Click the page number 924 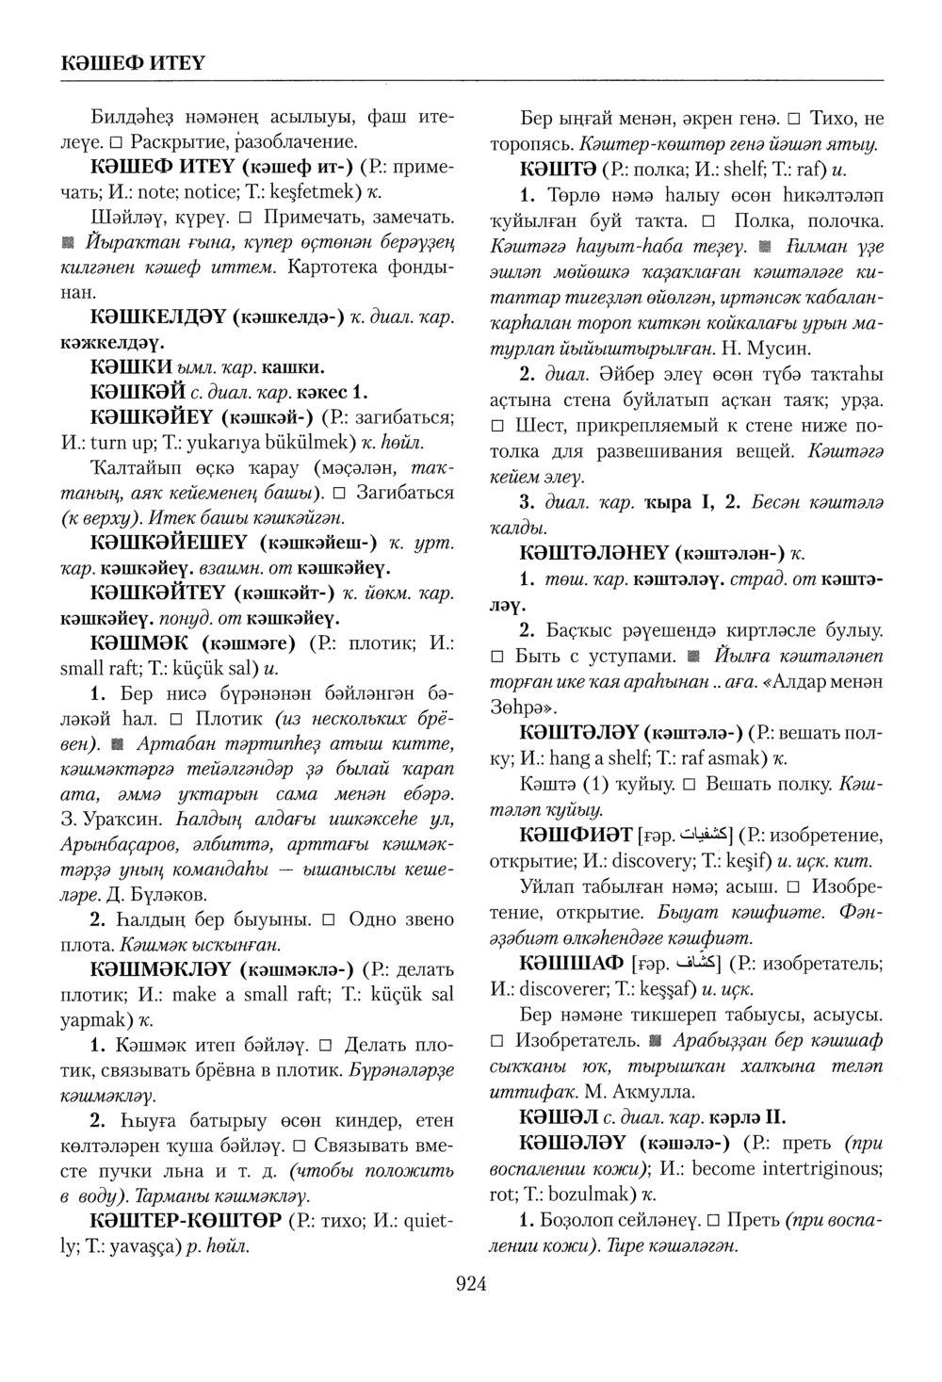[x=470, y=1283]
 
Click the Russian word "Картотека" [x=334, y=268]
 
